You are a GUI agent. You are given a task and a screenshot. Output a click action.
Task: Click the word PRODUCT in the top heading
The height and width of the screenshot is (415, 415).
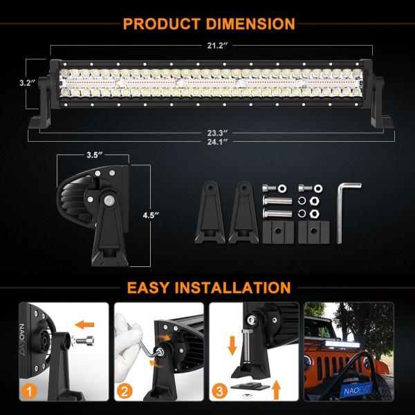click(161, 24)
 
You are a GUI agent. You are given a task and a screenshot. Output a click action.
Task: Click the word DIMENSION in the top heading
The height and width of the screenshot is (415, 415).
click(250, 24)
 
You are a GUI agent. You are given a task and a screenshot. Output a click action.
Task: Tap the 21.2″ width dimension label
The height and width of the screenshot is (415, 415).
click(217, 46)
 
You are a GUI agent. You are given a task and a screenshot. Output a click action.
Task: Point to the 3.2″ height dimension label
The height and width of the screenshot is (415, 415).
click(28, 83)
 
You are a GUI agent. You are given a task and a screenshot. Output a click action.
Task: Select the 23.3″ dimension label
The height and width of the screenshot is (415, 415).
click(217, 133)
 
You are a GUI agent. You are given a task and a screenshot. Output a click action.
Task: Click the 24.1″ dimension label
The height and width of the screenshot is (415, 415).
click(217, 142)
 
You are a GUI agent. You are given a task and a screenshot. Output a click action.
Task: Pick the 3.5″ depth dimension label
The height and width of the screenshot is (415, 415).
click(95, 155)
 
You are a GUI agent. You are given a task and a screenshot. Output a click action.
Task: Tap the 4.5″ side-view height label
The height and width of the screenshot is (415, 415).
click(151, 215)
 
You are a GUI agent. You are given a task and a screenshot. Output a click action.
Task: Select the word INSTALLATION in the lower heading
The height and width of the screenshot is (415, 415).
click(233, 288)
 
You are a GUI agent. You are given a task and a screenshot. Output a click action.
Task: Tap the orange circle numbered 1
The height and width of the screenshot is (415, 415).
click(29, 391)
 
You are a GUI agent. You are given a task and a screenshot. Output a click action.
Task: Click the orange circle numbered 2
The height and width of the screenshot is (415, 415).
click(124, 391)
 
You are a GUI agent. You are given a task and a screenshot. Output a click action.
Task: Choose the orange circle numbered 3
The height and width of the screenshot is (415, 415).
click(220, 391)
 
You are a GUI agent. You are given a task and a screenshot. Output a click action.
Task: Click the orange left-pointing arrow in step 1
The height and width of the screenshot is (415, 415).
click(84, 324)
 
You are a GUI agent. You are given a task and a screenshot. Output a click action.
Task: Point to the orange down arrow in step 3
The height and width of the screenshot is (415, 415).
click(232, 346)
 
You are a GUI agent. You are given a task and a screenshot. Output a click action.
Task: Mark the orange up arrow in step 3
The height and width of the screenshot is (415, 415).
click(276, 390)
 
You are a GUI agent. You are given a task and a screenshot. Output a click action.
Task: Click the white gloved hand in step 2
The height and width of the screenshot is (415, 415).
click(128, 344)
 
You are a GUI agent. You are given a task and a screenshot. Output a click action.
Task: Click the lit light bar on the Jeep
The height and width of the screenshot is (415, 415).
click(342, 344)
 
